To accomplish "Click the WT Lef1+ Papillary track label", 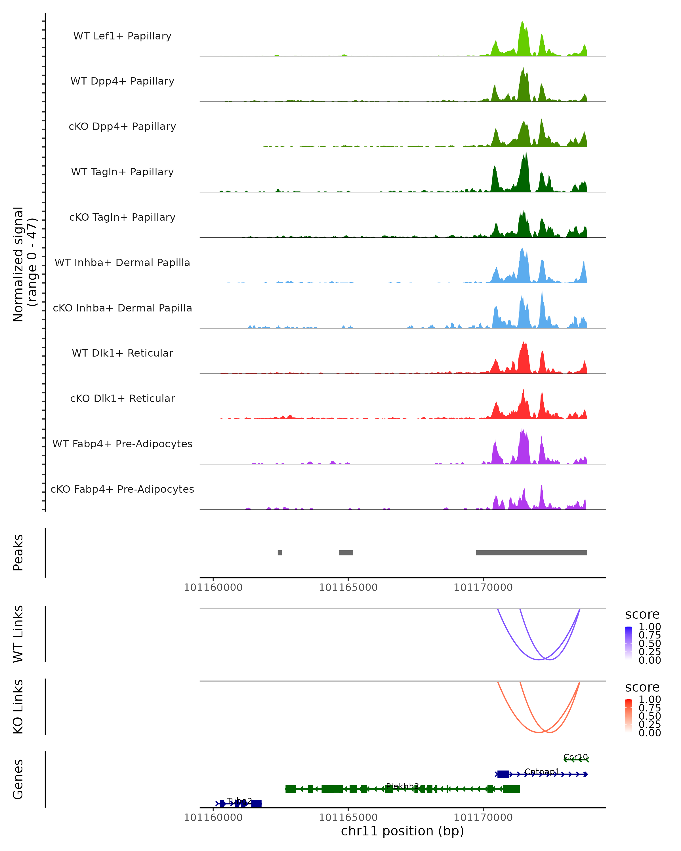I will coord(122,36).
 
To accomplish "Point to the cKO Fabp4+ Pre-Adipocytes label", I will coord(122,489).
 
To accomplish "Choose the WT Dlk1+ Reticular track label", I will coord(122,353).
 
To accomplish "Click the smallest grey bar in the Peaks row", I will coord(280,553).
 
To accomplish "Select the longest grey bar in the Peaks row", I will coord(531,553).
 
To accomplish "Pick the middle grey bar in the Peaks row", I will coord(346,553).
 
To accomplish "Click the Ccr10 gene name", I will coord(576,757).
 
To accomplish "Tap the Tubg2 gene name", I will coord(240,801).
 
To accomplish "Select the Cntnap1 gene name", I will coord(542,772).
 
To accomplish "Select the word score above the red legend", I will coord(642,687).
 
